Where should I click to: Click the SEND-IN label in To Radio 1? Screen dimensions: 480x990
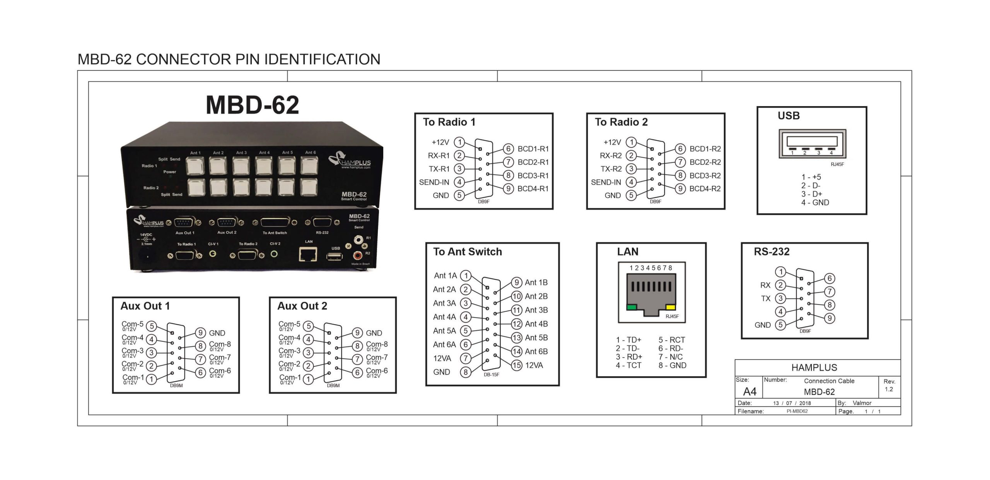tap(434, 182)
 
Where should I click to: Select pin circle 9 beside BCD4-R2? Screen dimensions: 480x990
tap(680, 189)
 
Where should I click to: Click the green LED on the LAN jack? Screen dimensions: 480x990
tap(632, 307)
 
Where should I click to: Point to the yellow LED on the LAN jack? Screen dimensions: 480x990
tap(671, 307)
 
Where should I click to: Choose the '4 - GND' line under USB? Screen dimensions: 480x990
tap(815, 202)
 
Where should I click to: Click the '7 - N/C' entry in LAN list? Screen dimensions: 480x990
tap(671, 357)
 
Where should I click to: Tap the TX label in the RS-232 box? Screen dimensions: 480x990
tap(766, 298)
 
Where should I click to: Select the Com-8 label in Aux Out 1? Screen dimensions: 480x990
tap(220, 345)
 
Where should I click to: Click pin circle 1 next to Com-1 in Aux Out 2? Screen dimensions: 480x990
tap(308, 379)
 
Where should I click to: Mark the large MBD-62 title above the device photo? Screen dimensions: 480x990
tap(253, 105)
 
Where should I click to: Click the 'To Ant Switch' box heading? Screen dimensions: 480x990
tap(468, 252)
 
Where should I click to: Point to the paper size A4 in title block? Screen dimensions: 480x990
tap(750, 391)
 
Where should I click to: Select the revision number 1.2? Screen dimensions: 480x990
tap(889, 389)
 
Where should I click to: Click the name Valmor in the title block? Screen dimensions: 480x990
tap(862, 403)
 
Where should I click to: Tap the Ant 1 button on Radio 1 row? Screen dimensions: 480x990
tap(195, 166)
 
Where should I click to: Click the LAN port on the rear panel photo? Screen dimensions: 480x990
tap(308, 254)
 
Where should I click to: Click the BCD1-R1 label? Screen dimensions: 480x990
tap(533, 149)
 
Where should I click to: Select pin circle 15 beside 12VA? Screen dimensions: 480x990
tap(517, 365)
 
